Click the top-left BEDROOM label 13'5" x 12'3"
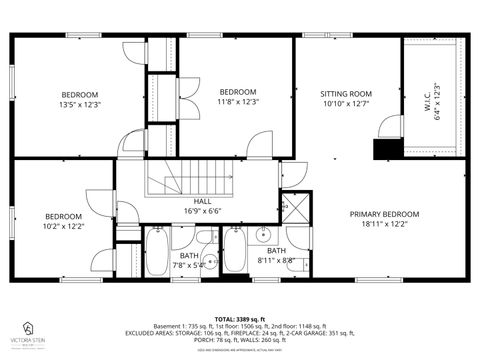coord(80,94)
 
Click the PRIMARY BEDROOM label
coord(384,214)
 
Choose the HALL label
coord(202,202)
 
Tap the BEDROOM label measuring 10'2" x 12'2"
coord(63,217)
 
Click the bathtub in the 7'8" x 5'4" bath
coord(158,250)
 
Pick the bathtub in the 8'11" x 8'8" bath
coord(235,250)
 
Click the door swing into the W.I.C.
coord(390,128)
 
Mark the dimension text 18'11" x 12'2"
coord(384,224)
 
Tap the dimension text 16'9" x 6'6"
coord(202,212)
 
